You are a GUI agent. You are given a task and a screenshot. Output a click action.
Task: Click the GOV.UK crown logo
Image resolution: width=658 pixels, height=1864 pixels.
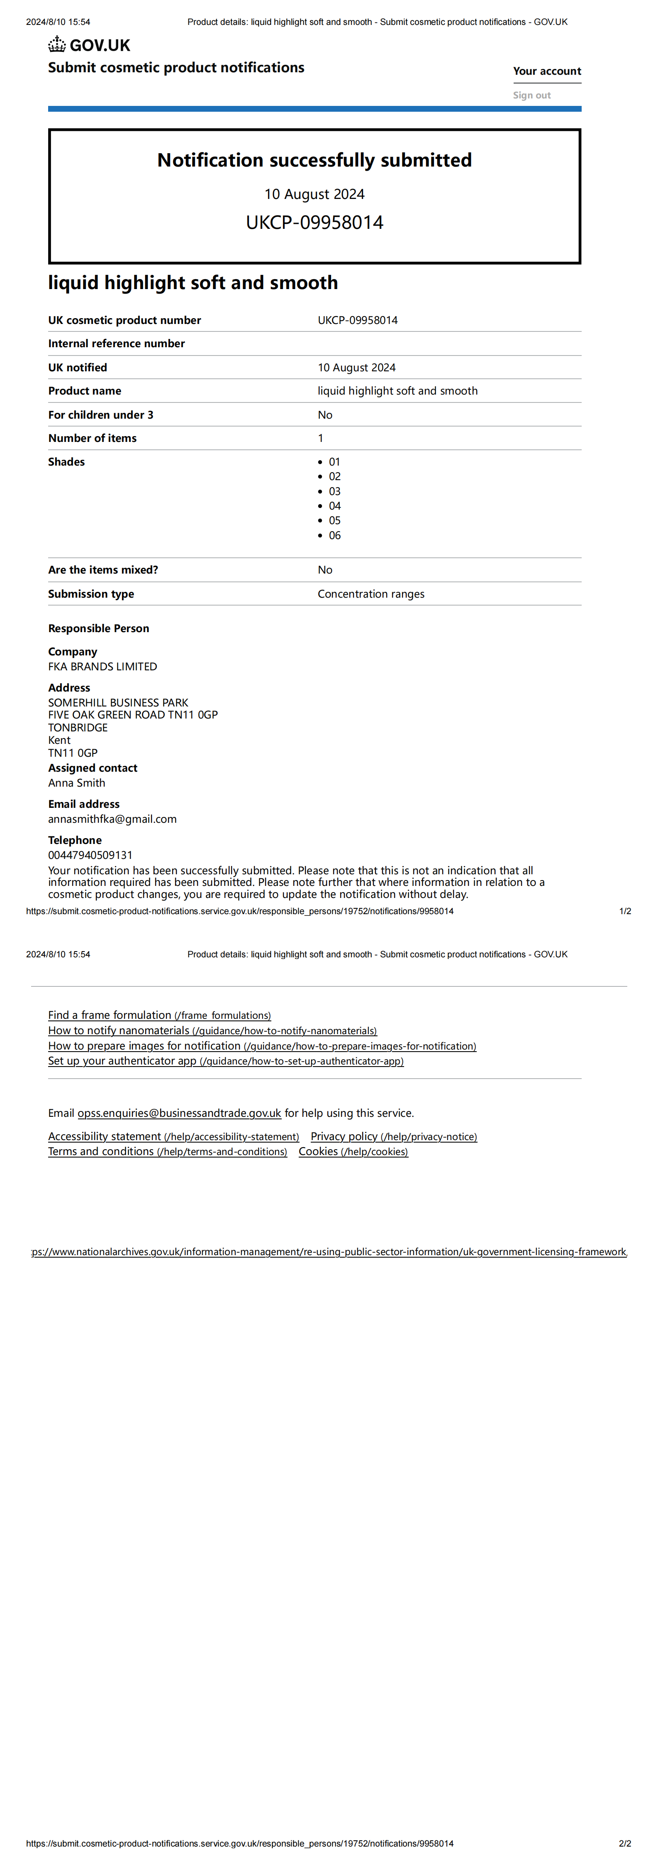tap(57, 45)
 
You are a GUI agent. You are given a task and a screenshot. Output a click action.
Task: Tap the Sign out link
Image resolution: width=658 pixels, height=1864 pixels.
tap(531, 95)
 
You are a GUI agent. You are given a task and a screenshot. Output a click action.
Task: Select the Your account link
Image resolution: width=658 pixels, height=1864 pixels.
tap(547, 71)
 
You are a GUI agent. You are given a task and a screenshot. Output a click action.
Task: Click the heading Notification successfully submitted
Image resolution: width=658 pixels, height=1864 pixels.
tap(314, 160)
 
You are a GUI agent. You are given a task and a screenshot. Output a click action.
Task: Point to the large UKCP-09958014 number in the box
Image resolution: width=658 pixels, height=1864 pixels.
tap(314, 222)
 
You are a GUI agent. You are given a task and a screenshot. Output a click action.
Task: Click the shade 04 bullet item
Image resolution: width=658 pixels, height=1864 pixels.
tap(334, 506)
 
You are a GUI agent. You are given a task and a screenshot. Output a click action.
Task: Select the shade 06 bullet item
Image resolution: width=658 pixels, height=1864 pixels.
tap(334, 535)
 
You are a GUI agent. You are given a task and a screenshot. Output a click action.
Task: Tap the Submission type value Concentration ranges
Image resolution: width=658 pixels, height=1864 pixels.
tap(371, 594)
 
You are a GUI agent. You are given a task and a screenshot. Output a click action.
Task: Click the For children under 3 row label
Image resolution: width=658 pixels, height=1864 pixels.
tap(100, 414)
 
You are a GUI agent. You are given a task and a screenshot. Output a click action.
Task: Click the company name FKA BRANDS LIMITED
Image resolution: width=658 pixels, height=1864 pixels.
tap(102, 667)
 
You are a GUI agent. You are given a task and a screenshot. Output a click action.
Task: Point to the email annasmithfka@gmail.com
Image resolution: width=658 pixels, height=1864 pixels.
tap(112, 819)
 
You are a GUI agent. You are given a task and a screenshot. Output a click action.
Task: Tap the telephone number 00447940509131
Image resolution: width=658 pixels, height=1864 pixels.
tap(90, 855)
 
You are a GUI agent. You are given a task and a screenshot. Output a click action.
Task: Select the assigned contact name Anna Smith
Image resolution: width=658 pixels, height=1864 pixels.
tap(77, 783)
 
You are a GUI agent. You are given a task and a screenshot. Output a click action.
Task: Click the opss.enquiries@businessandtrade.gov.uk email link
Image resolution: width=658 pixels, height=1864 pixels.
tap(179, 1113)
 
